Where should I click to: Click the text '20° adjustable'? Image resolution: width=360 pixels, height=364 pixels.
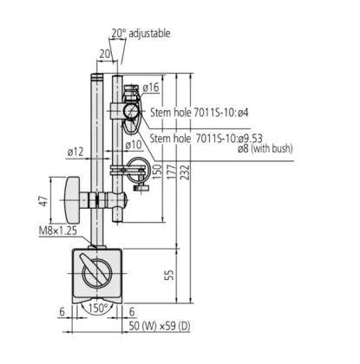141,33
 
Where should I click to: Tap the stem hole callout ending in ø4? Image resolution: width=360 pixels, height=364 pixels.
200,112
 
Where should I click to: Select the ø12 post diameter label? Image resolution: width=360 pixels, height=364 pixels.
75,153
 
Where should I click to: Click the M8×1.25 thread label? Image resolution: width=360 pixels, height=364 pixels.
56,231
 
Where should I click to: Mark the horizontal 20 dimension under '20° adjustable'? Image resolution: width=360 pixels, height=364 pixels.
104,53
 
